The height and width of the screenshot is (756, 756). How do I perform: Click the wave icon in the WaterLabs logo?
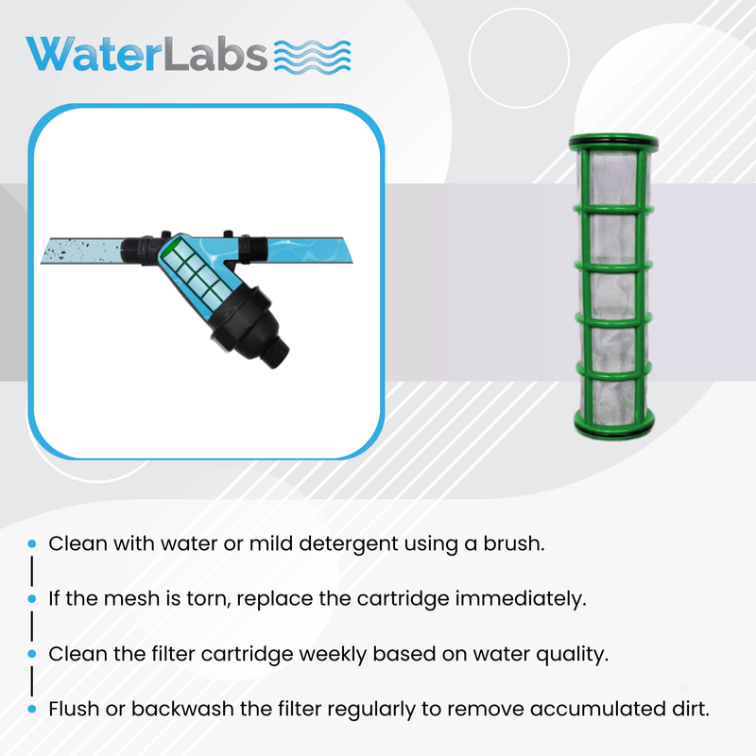tap(313, 56)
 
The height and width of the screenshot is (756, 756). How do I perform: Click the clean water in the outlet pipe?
tap(312, 249)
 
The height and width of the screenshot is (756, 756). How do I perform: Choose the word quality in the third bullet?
tap(569, 654)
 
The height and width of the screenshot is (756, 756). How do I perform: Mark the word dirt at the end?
tap(688, 709)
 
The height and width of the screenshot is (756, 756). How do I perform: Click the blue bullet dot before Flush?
tap(32, 710)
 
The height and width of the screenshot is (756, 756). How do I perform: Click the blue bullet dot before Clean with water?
tap(32, 545)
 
